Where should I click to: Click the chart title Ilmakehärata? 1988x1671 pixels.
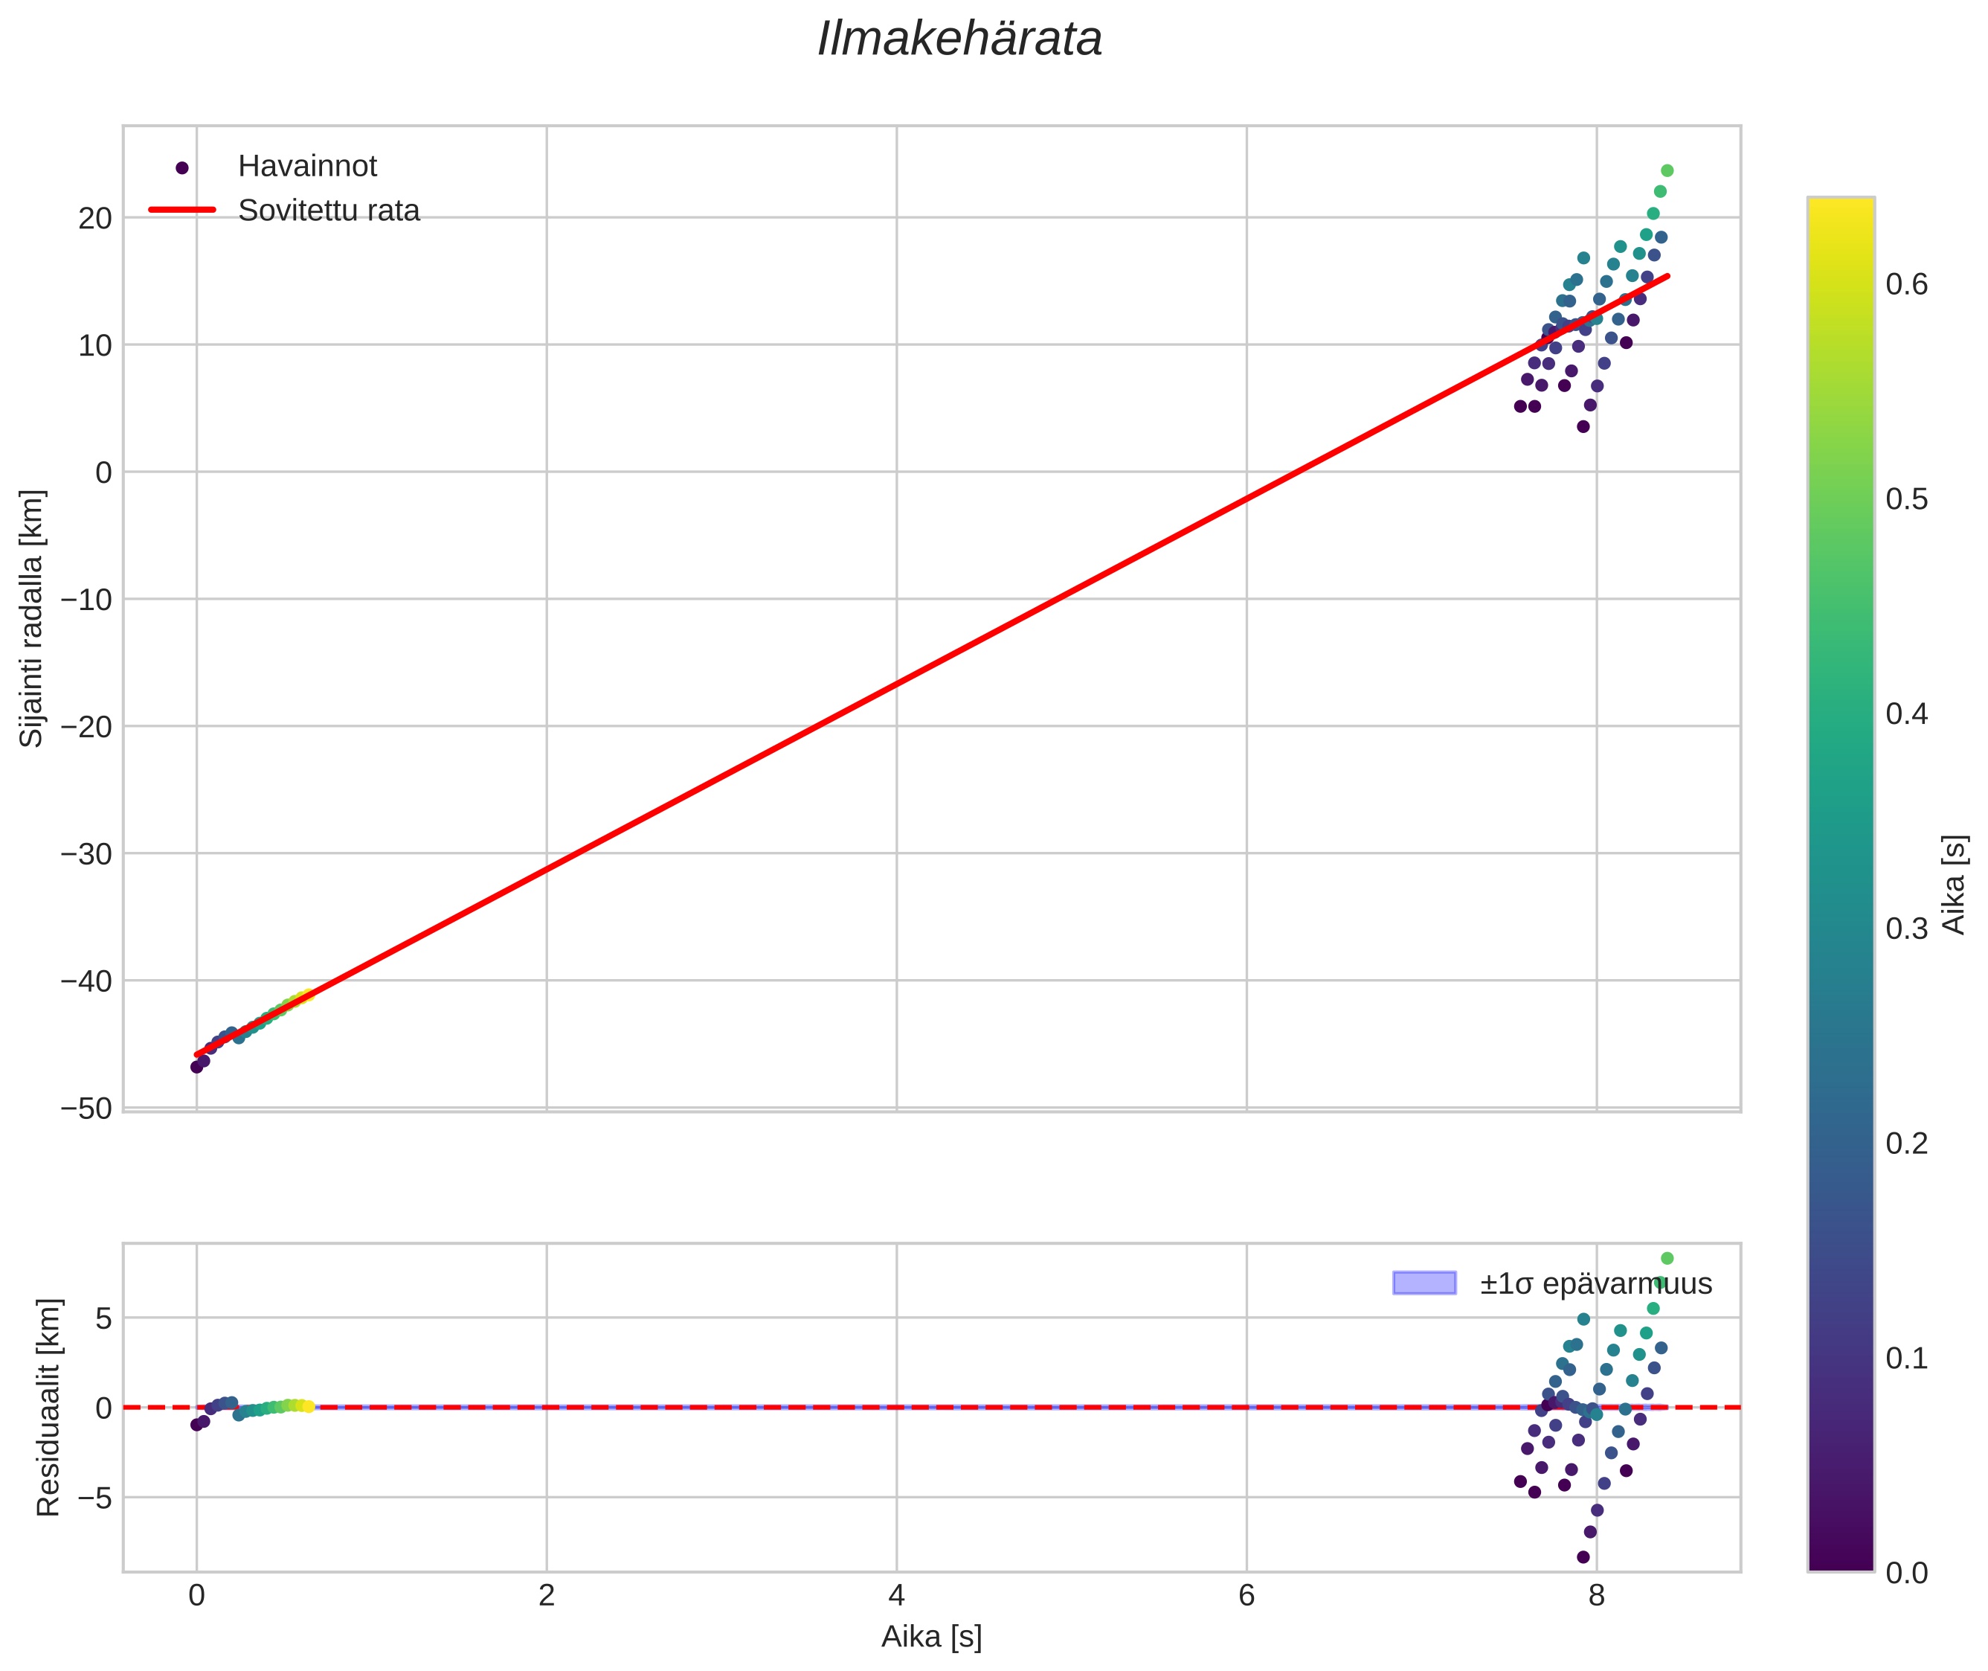pyautogui.click(x=959, y=39)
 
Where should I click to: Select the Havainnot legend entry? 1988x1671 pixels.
pyautogui.click(x=307, y=167)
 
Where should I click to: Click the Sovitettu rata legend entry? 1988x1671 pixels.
pyautogui.click(x=328, y=211)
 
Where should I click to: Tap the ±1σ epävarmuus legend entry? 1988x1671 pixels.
pyautogui.click(x=1596, y=1283)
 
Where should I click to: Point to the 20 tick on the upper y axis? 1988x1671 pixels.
pyautogui.click(x=94, y=218)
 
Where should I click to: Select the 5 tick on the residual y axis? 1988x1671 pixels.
pyautogui.click(x=103, y=1318)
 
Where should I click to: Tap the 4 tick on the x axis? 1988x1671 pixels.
pyautogui.click(x=896, y=1596)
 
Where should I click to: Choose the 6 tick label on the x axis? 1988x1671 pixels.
pyautogui.click(x=1246, y=1596)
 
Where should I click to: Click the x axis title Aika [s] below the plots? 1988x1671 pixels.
pyautogui.click(x=931, y=1637)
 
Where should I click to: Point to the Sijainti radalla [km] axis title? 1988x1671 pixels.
pyautogui.click(x=32, y=618)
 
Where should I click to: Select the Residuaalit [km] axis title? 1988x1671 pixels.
pyautogui.click(x=48, y=1407)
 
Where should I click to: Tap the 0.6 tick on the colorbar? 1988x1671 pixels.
pyautogui.click(x=1905, y=284)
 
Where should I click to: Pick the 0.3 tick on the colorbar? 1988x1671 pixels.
pyautogui.click(x=1905, y=928)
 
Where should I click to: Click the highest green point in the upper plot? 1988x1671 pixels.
pyautogui.click(x=1667, y=170)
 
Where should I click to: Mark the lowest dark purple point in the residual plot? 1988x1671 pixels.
pyautogui.click(x=1583, y=1556)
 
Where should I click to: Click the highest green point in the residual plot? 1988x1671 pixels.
pyautogui.click(x=1667, y=1258)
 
